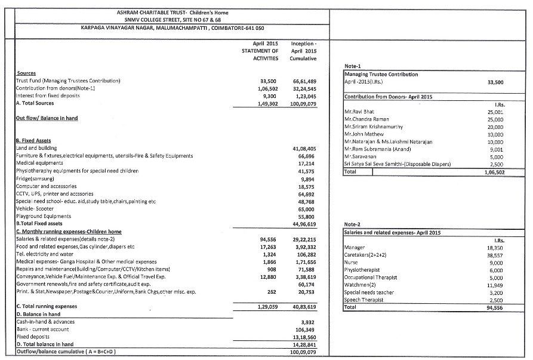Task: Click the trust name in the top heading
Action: (x=172, y=12)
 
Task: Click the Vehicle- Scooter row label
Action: (x=36, y=210)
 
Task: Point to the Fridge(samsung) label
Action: (x=35, y=179)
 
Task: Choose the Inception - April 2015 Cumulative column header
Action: (x=303, y=51)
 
